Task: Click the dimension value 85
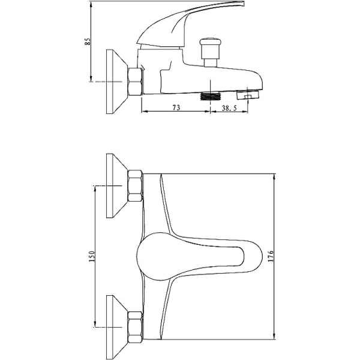click(x=88, y=41)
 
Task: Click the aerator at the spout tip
click(x=247, y=94)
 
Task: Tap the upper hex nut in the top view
click(x=136, y=186)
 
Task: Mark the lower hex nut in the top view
click(x=136, y=327)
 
